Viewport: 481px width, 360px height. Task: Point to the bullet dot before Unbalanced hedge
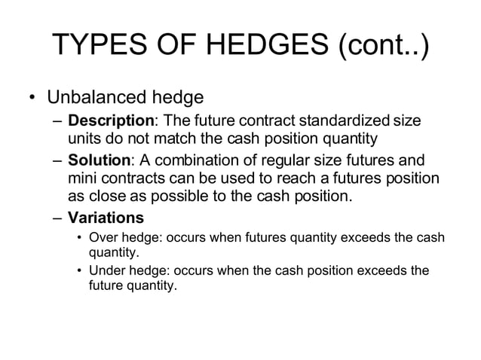[32, 99]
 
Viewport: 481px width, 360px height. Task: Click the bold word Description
[111, 122]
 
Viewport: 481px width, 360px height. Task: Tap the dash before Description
[58, 122]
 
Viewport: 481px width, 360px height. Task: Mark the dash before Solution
[58, 161]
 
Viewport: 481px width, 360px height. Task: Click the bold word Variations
[106, 219]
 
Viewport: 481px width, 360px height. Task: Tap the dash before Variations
[58, 219]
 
